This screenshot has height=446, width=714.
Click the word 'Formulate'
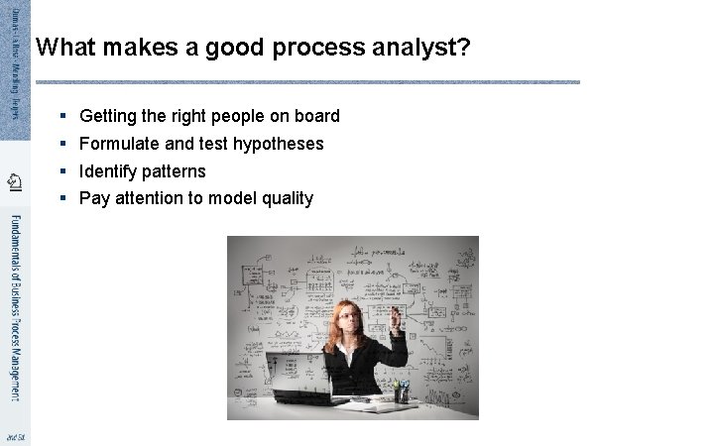pyautogui.click(x=118, y=144)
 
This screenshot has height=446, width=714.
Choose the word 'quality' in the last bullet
pyautogui.click(x=287, y=198)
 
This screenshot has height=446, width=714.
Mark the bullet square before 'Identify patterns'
pyautogui.click(x=61, y=171)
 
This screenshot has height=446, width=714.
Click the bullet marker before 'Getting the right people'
pyautogui.click(x=61, y=116)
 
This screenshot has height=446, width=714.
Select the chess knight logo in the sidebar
pyautogui.click(x=14, y=180)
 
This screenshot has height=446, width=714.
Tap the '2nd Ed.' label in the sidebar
pyautogui.click(x=14, y=436)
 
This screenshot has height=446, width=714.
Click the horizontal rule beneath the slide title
pyautogui.click(x=307, y=81)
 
